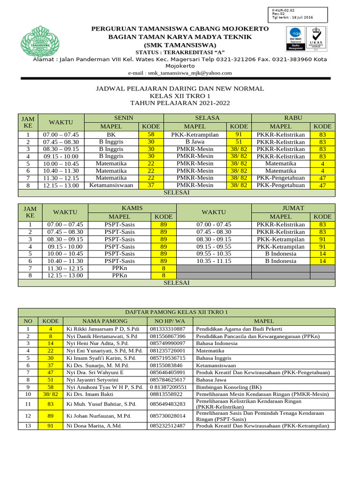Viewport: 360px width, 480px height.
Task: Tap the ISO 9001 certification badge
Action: [295, 38]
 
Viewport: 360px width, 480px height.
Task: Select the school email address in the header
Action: [180, 73]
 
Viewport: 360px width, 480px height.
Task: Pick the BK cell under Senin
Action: [111, 134]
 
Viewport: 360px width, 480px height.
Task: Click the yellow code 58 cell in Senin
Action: [150, 134]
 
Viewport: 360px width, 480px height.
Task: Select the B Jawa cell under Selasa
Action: [195, 142]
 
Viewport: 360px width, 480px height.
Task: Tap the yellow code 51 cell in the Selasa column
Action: [239, 142]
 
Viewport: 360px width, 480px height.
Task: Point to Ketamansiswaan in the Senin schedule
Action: [111, 185]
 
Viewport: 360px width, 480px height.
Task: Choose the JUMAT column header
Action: [293, 208]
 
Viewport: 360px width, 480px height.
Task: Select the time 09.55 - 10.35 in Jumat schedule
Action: [214, 254]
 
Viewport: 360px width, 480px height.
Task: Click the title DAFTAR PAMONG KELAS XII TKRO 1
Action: [177, 312]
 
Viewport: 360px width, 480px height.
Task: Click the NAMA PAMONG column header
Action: [105, 321]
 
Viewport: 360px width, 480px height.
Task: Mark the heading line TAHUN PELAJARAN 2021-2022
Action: [180, 103]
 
